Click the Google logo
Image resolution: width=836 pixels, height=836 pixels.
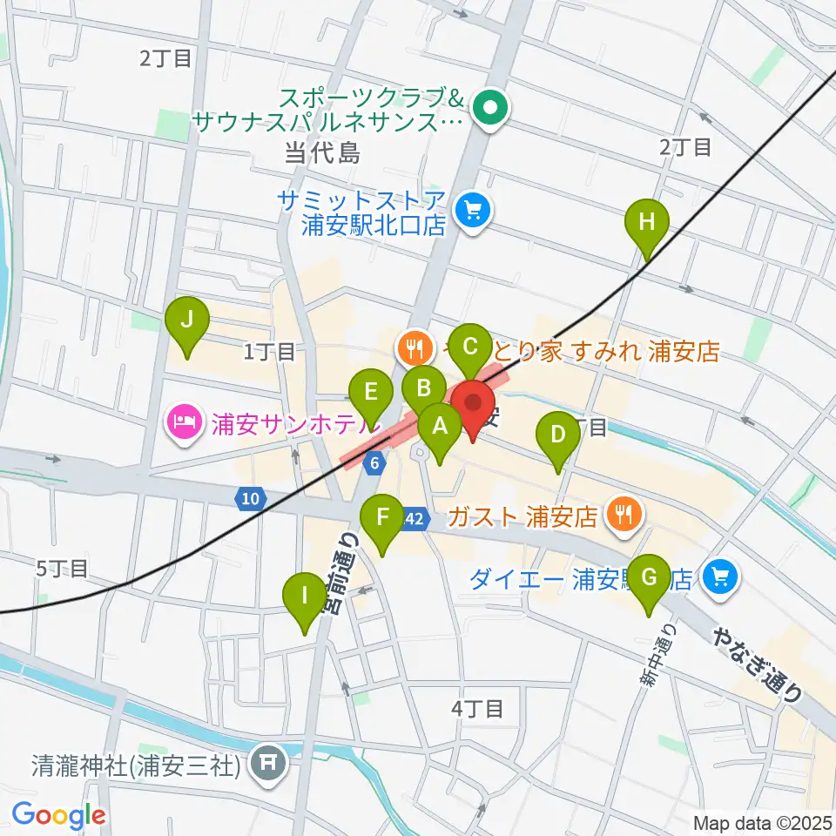tap(59, 815)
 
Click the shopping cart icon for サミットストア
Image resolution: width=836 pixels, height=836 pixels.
tap(473, 210)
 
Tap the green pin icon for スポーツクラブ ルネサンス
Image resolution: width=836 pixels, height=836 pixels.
tap(489, 111)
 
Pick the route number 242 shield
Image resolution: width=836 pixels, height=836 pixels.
tap(415, 518)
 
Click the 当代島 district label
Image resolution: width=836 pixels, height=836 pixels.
tap(322, 154)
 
